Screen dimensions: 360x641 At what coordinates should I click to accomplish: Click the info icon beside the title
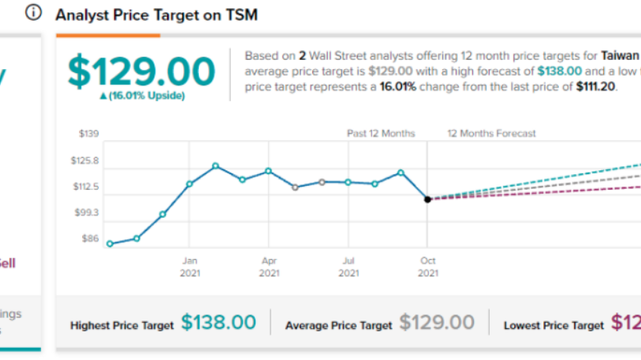click(x=34, y=14)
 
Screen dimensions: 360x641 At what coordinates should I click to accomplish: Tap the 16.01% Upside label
click(x=141, y=96)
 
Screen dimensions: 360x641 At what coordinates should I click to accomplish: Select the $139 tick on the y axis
click(x=89, y=133)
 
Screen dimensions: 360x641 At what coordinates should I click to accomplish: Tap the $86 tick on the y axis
click(x=89, y=239)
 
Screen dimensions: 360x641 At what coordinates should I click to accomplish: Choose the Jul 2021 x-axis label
click(x=348, y=266)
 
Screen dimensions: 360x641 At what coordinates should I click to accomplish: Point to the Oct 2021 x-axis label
click(x=427, y=266)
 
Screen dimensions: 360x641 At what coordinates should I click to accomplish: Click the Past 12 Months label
click(x=380, y=133)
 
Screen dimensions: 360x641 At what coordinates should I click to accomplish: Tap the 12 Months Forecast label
click(x=491, y=133)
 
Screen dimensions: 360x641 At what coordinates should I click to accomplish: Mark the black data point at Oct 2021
click(x=427, y=199)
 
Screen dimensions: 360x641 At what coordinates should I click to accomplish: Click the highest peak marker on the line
click(x=215, y=166)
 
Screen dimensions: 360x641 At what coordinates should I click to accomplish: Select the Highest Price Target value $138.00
click(x=219, y=323)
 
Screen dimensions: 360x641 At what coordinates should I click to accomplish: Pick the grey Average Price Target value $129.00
click(x=437, y=323)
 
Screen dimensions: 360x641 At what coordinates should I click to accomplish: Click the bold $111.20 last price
click(x=573, y=86)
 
